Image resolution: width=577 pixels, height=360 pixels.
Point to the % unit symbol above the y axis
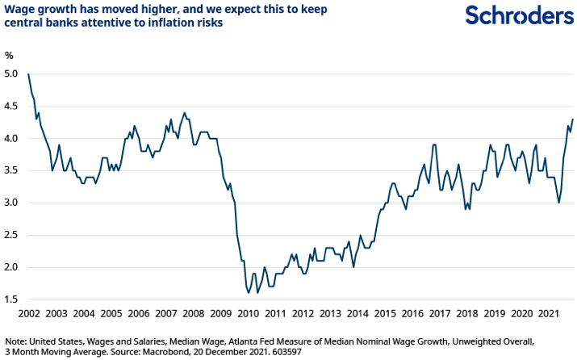[x=10, y=56]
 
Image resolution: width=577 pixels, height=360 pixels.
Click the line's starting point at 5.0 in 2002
[x=28, y=74]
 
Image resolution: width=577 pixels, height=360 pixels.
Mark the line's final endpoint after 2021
[x=573, y=119]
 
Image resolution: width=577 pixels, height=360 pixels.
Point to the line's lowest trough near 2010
[x=248, y=292]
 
